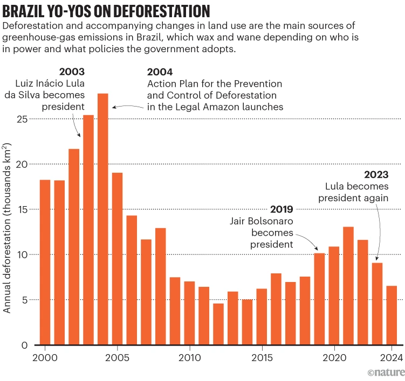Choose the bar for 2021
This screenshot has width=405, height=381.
348,286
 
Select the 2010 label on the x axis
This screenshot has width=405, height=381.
189,357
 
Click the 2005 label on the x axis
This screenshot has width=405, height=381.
117,357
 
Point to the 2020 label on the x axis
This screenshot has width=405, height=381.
334,357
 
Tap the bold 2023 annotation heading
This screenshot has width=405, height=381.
376,174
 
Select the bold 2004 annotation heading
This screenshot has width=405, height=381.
160,72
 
